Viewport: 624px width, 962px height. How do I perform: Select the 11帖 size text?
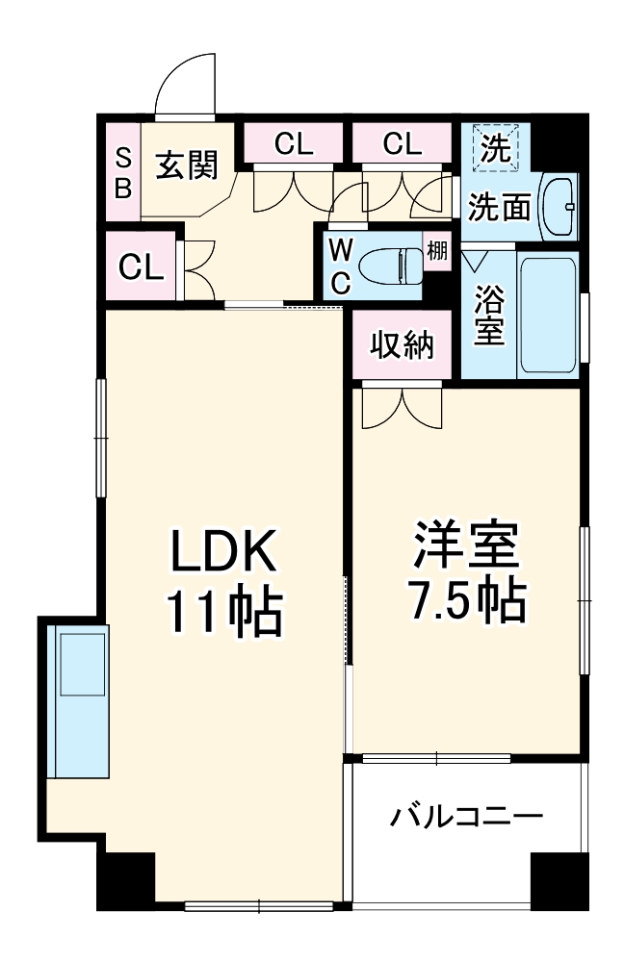pyautogui.click(x=224, y=609)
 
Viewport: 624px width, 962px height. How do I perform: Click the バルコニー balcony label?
pyautogui.click(x=466, y=819)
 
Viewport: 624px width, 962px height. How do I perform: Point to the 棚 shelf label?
pyautogui.click(x=437, y=252)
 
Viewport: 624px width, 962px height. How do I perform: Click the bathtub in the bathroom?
pyautogui.click(x=550, y=316)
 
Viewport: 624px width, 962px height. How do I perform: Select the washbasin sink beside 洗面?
pyautogui.click(x=559, y=204)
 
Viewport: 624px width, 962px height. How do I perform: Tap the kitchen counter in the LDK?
pyautogui.click(x=81, y=699)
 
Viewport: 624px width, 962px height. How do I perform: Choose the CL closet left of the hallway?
pyautogui.click(x=141, y=266)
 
